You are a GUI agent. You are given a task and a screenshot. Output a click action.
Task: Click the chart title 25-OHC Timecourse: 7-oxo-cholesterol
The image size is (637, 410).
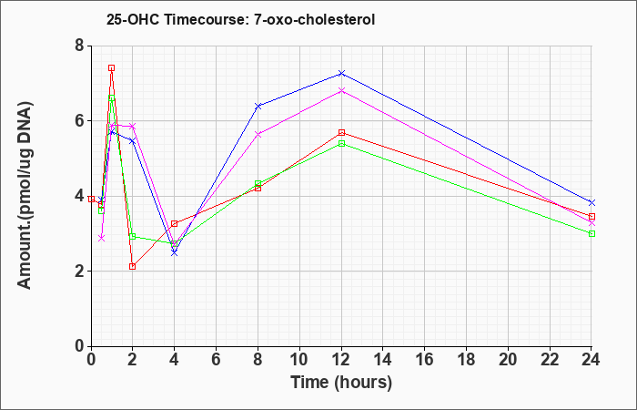coord(240,19)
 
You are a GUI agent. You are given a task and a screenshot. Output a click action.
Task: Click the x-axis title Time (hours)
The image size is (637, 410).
coord(341,383)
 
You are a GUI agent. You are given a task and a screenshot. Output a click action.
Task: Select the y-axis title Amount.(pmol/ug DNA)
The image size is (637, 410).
coord(25,195)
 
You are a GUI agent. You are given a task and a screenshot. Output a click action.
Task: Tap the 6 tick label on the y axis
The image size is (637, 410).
coord(79,121)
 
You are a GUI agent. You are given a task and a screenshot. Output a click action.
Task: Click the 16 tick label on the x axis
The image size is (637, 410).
coord(425,360)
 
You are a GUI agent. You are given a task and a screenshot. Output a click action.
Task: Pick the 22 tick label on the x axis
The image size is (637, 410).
coord(550,360)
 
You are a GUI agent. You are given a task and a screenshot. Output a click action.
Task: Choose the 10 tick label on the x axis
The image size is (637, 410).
coord(299,360)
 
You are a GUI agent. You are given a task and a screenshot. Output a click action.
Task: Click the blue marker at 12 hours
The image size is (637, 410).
coord(341,73)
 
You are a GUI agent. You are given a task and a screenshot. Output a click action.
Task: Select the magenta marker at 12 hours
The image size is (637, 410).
coord(341,90)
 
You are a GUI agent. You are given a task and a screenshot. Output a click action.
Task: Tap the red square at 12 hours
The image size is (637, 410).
coord(341,133)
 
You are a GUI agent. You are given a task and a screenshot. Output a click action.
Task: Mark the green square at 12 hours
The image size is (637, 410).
coord(341,144)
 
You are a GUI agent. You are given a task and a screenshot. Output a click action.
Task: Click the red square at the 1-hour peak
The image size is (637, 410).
coord(111,68)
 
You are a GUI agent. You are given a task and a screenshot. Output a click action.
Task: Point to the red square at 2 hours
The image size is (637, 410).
coord(132,266)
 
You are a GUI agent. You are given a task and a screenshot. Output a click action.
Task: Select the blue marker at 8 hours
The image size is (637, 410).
coord(258,106)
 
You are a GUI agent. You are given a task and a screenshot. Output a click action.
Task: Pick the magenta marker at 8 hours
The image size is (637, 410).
coord(258,134)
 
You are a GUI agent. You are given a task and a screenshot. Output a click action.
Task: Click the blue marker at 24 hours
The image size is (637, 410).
coord(591,202)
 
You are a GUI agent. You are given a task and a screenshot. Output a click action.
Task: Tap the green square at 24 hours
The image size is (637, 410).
coord(591,233)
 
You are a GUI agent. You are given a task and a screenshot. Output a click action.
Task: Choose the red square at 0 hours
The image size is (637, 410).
coord(91,199)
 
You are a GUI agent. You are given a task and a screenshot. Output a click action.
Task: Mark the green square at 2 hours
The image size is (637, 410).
coord(132,236)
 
